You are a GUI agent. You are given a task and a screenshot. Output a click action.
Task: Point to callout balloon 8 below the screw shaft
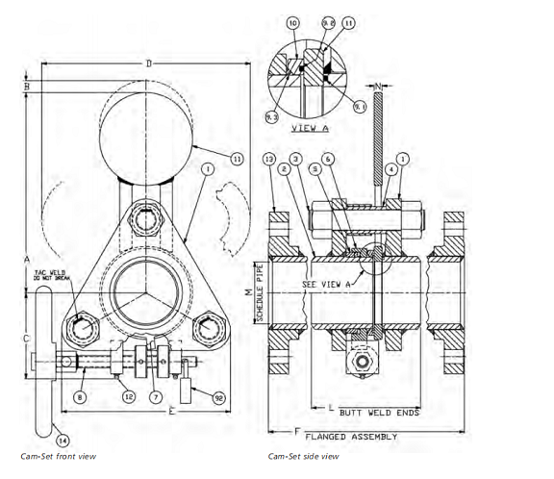(x=80, y=393)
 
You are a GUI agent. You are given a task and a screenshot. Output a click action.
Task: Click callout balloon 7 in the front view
(x=157, y=394)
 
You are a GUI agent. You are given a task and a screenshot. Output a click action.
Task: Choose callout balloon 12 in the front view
(x=127, y=393)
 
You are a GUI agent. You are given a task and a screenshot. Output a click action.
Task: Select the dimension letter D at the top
(x=146, y=63)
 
